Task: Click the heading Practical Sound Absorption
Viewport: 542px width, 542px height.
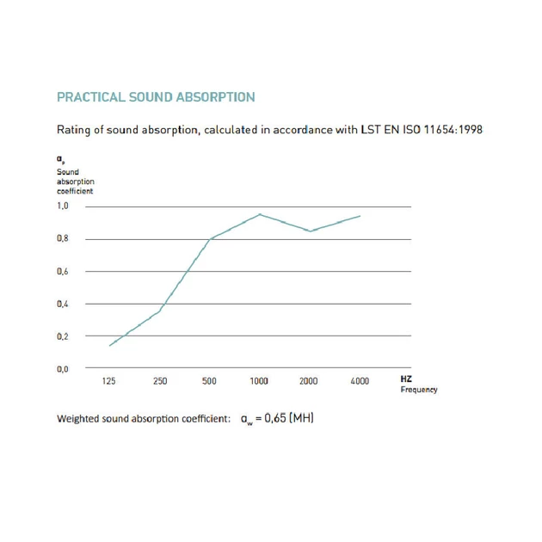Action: click(156, 97)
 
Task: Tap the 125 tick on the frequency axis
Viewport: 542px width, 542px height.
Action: click(109, 381)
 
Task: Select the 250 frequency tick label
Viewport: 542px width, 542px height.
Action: click(160, 381)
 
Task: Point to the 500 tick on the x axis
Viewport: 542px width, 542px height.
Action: click(209, 381)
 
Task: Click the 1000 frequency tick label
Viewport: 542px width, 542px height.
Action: click(259, 381)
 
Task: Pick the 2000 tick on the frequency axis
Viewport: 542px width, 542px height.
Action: click(309, 381)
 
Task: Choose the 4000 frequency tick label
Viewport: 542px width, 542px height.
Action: click(360, 381)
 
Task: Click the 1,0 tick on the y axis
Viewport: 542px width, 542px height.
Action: click(63, 206)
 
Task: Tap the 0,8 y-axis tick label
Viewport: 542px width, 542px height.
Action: click(63, 239)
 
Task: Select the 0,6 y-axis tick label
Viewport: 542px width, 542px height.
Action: click(63, 272)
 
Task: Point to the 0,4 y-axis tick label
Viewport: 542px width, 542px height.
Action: click(63, 304)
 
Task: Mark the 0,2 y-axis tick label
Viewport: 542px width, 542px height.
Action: click(63, 336)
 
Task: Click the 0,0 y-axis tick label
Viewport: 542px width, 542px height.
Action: click(63, 369)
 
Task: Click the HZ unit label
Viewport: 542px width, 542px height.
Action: click(406, 379)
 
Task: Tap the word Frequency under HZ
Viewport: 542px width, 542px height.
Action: click(419, 390)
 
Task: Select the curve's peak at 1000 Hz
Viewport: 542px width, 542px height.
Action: click(260, 214)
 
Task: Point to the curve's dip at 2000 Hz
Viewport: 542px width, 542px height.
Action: click(310, 231)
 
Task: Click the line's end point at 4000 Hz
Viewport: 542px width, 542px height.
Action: click(360, 216)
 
